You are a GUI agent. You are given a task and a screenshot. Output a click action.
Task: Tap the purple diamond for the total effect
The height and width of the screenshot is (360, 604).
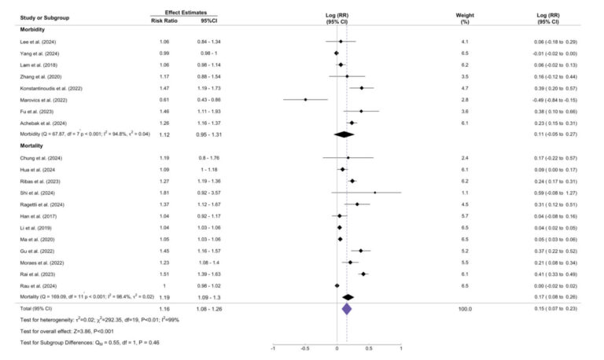[346, 310]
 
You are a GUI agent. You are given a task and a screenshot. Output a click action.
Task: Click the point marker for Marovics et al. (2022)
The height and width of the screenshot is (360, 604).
[305, 100]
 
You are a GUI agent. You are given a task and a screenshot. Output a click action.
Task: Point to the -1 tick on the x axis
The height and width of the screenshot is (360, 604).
[273, 347]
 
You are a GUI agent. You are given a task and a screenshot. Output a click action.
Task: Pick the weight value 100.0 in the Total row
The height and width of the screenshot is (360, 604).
[465, 310]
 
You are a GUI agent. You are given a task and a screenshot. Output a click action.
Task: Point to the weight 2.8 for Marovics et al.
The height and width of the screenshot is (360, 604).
[465, 100]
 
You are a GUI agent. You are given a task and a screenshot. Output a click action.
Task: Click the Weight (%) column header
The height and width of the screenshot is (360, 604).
[465, 18]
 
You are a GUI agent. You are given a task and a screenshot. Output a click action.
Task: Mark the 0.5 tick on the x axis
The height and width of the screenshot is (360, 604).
[369, 347]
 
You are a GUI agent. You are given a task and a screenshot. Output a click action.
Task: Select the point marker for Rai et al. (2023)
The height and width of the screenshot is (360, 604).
[363, 274]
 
